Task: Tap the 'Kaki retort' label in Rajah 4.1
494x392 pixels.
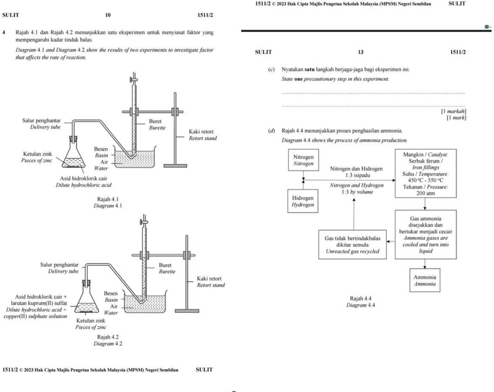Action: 201,132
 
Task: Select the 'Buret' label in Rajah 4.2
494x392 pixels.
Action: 165,265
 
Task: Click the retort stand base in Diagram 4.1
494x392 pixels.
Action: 175,166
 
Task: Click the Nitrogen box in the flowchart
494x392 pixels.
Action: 303,160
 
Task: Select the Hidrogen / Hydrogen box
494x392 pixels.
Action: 303,201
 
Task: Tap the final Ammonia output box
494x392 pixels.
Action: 425,280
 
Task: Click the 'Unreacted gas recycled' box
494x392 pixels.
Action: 352,245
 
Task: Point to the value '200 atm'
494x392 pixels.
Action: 425,193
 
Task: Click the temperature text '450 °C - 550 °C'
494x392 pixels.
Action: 425,180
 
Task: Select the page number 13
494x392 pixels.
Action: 360,52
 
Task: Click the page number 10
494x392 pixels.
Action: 108,15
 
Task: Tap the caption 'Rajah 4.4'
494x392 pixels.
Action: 360,298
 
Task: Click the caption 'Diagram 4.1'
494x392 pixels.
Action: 108,206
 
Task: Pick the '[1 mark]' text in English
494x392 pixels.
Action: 456,118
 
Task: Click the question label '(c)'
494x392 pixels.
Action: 271,69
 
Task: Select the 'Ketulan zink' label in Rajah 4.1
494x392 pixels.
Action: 38,154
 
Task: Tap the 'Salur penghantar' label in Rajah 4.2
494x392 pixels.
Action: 59,265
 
